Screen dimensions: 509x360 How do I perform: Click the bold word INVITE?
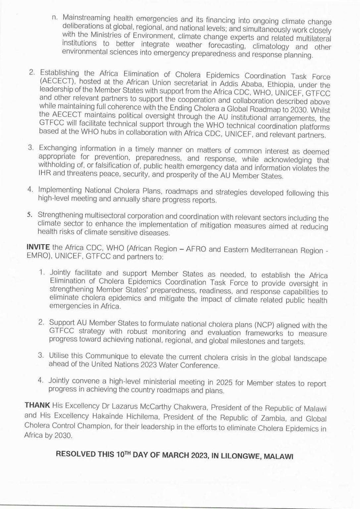pos(38,247)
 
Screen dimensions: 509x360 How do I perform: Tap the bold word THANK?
pos(37,405)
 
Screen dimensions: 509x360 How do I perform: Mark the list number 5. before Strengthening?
pos(29,215)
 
